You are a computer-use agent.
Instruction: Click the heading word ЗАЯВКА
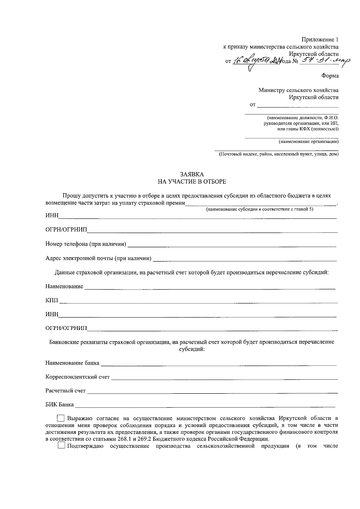(192, 174)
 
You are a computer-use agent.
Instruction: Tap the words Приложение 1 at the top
(320, 40)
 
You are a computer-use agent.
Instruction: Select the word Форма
(330, 76)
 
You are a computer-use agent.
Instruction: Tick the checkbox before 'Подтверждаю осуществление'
(61, 446)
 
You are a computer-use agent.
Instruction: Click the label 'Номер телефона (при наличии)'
(85, 244)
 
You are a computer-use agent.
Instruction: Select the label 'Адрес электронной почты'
(98, 258)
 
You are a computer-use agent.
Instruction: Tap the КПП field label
(52, 301)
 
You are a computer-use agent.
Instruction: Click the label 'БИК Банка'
(59, 405)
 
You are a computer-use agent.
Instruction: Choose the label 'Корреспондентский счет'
(78, 377)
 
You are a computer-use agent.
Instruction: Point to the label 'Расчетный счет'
(66, 391)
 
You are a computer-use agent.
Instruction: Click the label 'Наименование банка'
(72, 363)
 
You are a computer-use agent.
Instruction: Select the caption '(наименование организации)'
(308, 141)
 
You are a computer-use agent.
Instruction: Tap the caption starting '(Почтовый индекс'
(278, 154)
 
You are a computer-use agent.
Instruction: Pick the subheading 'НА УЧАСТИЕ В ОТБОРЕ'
(192, 182)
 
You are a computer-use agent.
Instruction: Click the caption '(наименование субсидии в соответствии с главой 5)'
(259, 209)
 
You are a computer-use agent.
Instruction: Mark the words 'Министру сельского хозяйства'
(299, 90)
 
